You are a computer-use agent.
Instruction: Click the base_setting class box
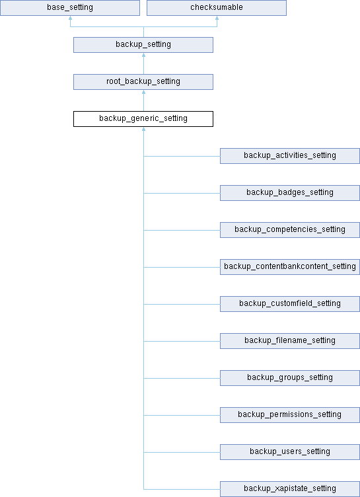tap(70, 8)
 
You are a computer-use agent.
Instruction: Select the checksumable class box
tap(217, 8)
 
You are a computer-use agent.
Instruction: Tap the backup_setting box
tap(143, 45)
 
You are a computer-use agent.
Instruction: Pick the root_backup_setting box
tap(143, 82)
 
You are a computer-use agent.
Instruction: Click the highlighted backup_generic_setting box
tap(143, 119)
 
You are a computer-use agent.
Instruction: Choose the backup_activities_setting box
tap(290, 155)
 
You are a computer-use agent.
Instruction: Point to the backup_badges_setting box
tap(290, 193)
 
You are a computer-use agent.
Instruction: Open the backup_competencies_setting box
tap(290, 230)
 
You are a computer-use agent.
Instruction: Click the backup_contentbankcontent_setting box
tap(290, 267)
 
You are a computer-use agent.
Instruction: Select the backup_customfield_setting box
tap(290, 303)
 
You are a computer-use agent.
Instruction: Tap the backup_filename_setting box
tap(290, 341)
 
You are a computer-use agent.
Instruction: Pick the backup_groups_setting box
tap(290, 378)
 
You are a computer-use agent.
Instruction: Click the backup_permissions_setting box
tap(290, 415)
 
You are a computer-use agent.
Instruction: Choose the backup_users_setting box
tap(290, 451)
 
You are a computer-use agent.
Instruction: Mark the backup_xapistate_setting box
tap(290, 489)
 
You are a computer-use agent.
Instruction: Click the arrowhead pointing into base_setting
tap(71, 18)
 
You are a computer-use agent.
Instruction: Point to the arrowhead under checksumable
tap(217, 18)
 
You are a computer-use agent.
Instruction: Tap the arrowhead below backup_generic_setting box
tap(143, 129)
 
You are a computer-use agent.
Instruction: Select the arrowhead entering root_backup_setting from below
tap(143, 92)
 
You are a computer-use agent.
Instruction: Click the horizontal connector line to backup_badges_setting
tap(182, 193)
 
